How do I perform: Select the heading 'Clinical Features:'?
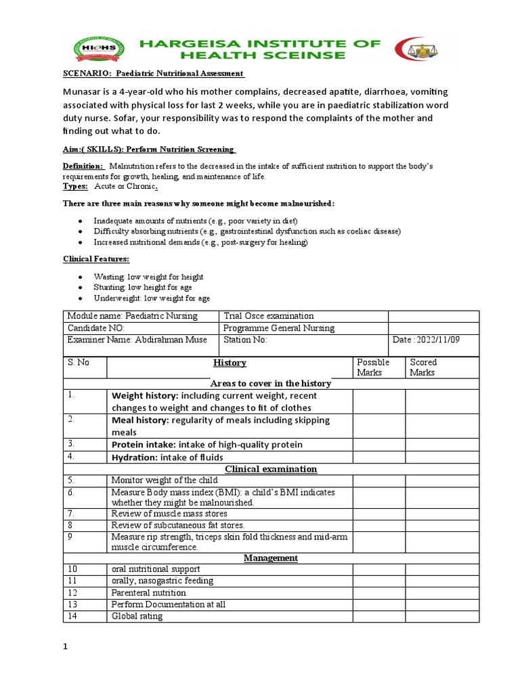(x=92, y=259)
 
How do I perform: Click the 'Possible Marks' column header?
(x=373, y=367)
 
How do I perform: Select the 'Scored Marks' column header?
(x=423, y=367)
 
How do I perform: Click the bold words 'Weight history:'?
(x=145, y=395)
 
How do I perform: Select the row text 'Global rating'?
(x=137, y=617)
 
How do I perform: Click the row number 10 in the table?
(x=72, y=569)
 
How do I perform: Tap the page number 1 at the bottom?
(x=66, y=647)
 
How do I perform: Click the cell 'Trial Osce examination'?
(x=268, y=316)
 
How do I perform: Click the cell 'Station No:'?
(x=245, y=340)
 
